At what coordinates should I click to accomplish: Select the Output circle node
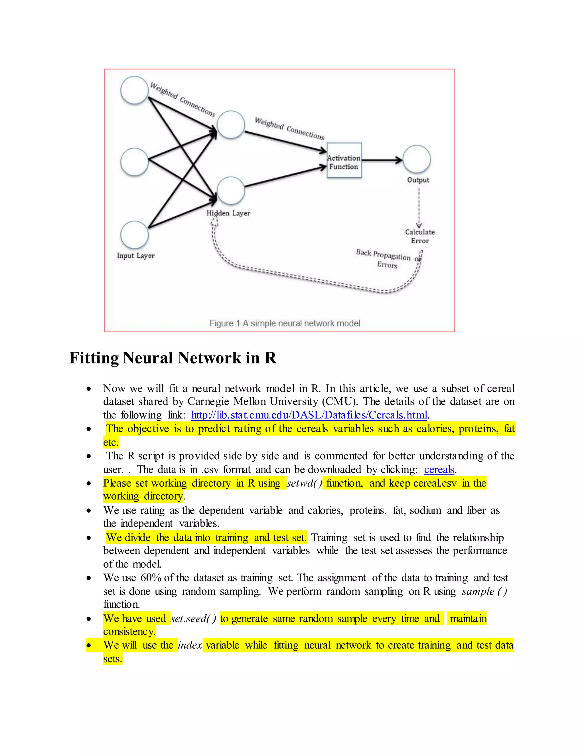[x=417, y=159]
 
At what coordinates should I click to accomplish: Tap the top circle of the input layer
[x=134, y=90]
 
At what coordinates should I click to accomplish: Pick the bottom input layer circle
[x=134, y=235]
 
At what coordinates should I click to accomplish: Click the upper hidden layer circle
[x=231, y=125]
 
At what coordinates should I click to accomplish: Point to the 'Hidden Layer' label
[x=228, y=213]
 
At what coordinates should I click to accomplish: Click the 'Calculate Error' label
[x=420, y=236]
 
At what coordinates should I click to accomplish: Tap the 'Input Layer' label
[x=136, y=256]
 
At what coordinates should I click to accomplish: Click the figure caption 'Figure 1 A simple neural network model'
[x=284, y=323]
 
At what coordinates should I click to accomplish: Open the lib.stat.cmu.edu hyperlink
[x=309, y=415]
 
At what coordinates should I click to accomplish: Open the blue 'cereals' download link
[x=439, y=469]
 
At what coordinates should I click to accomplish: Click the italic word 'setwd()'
[x=304, y=483]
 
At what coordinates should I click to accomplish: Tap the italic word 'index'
[x=190, y=645]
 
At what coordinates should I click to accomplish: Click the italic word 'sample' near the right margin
[x=478, y=591]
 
